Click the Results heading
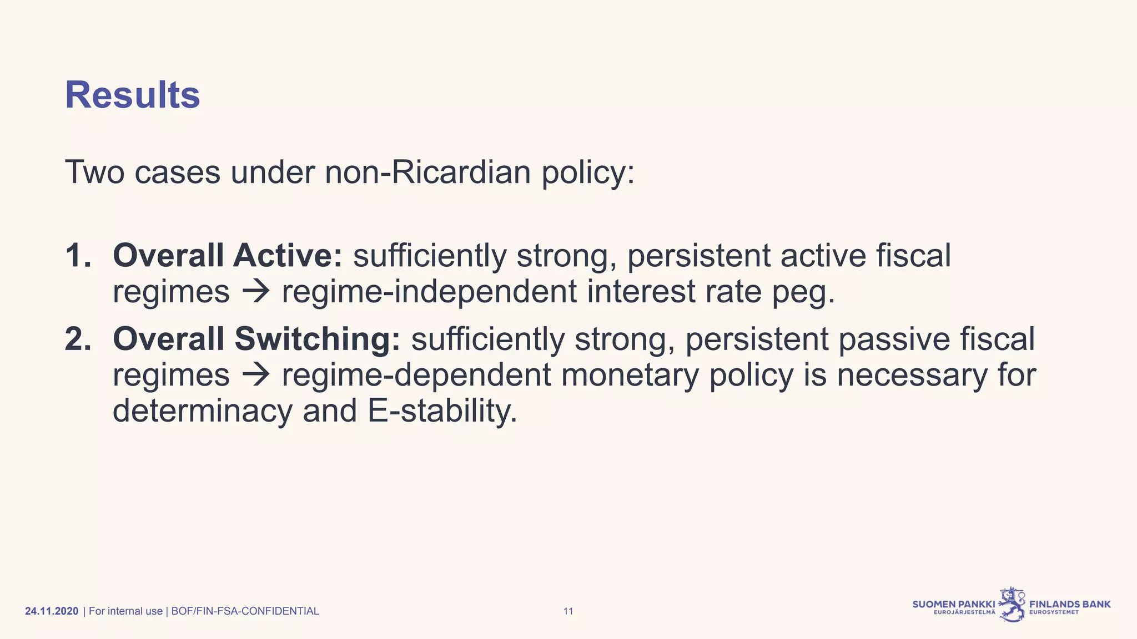pos(132,95)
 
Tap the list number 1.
pos(77,256)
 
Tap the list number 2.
pos(77,339)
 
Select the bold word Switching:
pos(316,339)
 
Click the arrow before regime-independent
pos(256,292)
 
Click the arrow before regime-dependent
pos(256,375)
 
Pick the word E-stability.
pos(442,411)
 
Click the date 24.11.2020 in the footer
pos(52,611)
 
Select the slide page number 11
pos(568,611)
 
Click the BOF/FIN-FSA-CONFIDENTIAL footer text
pos(245,611)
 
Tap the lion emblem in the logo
pos(1012,605)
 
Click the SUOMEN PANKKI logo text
pos(954,604)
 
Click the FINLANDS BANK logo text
pos(1070,604)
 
